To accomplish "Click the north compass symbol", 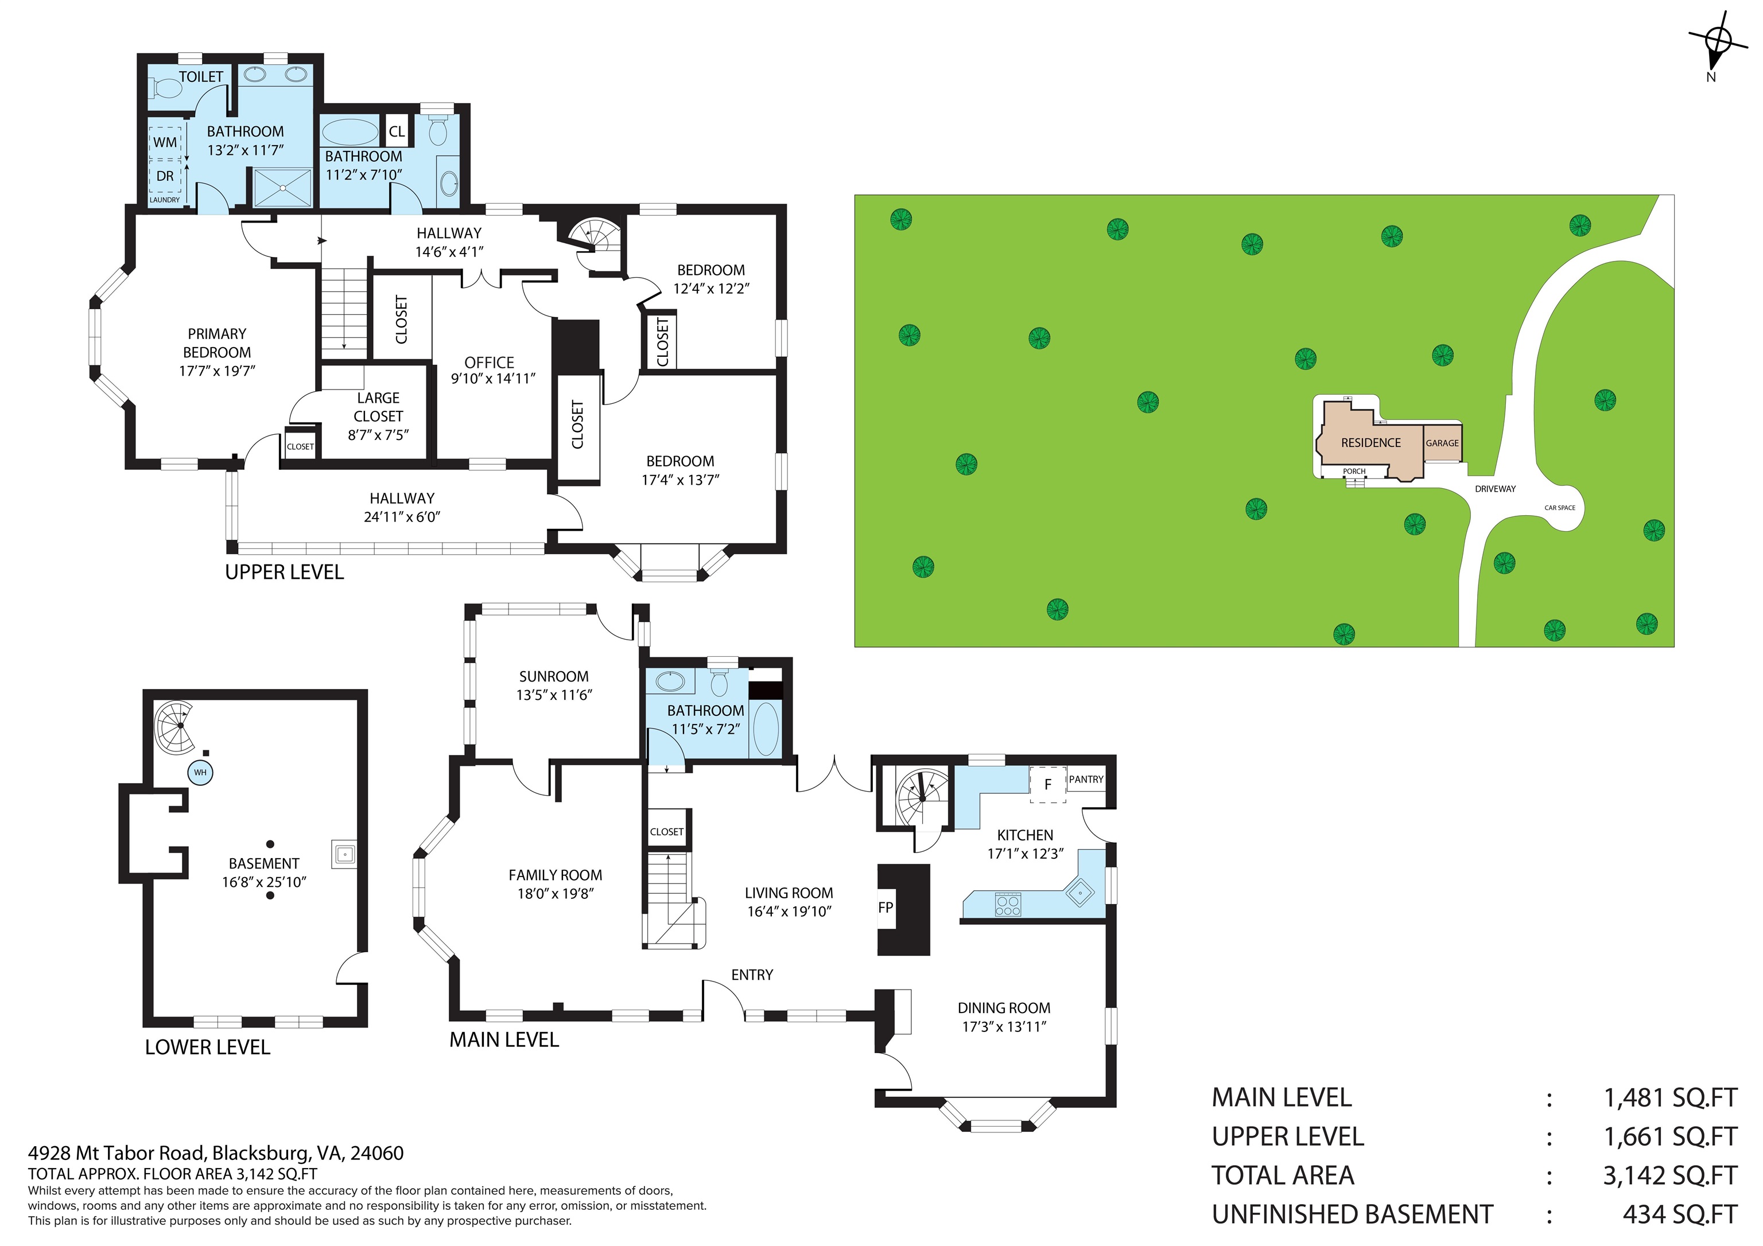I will pyautogui.click(x=1718, y=40).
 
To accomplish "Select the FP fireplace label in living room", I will pyautogui.click(x=886, y=908).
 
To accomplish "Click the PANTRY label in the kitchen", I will pyautogui.click(x=1086, y=779).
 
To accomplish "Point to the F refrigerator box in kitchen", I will pyautogui.click(x=1047, y=785).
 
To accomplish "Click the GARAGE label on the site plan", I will pyautogui.click(x=1442, y=443).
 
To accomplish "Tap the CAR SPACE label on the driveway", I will pyautogui.click(x=1559, y=508).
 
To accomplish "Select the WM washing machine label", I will pyautogui.click(x=165, y=142).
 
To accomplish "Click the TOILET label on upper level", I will pyautogui.click(x=201, y=77).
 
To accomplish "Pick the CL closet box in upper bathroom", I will pyautogui.click(x=396, y=131).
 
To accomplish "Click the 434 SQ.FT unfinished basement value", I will pyautogui.click(x=1679, y=1214).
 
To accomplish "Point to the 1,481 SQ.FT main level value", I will pyautogui.click(x=1669, y=1098).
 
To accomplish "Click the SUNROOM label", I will pyautogui.click(x=554, y=676).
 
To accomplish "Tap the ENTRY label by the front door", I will pyautogui.click(x=752, y=975).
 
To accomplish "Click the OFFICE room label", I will pyautogui.click(x=489, y=363).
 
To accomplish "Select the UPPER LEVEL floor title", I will pyautogui.click(x=284, y=572).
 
